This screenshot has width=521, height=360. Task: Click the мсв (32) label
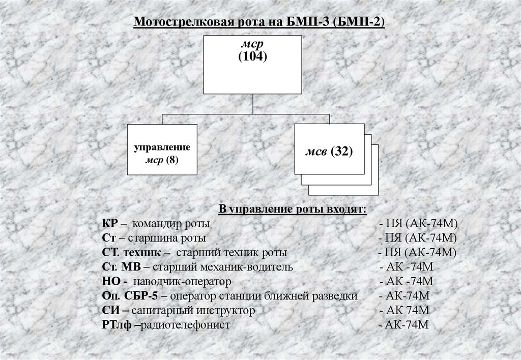click(329, 152)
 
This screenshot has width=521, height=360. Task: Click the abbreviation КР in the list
click(110, 224)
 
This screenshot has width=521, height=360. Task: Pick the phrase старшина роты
click(167, 238)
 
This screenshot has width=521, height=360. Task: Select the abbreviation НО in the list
click(110, 281)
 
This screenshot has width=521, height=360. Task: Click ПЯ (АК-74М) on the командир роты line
click(419, 224)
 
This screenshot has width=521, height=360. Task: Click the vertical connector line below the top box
click(253, 104)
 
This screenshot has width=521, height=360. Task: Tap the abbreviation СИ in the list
click(108, 310)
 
